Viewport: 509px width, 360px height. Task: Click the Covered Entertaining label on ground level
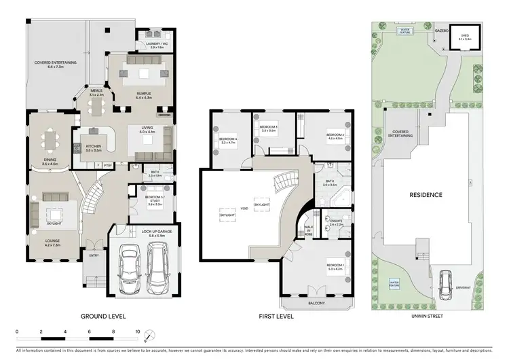(x=56, y=64)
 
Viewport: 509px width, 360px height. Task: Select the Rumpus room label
(x=142, y=94)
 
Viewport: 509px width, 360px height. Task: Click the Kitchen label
(x=94, y=145)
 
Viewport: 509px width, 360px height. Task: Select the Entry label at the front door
(x=94, y=255)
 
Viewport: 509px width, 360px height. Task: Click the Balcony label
(x=317, y=304)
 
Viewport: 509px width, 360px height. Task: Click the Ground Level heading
(x=103, y=316)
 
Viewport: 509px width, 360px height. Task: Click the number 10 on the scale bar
(x=138, y=332)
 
